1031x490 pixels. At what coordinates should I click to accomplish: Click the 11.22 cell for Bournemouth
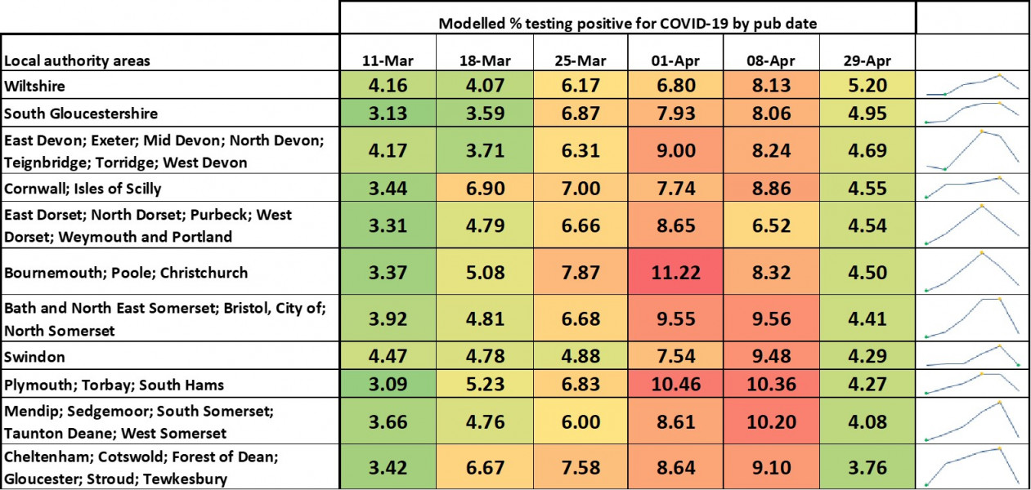point(676,273)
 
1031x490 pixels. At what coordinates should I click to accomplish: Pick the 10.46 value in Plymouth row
point(676,385)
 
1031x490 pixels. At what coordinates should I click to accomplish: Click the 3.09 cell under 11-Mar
point(388,385)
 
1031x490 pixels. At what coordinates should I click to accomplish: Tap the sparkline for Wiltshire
point(972,85)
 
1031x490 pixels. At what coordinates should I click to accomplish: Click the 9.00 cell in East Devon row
point(676,150)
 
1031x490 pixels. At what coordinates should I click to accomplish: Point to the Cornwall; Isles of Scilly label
point(83,189)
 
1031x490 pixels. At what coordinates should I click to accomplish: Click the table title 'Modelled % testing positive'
point(628,24)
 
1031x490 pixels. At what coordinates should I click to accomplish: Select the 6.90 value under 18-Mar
point(484,189)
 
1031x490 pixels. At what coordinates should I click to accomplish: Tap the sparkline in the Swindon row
point(972,356)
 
